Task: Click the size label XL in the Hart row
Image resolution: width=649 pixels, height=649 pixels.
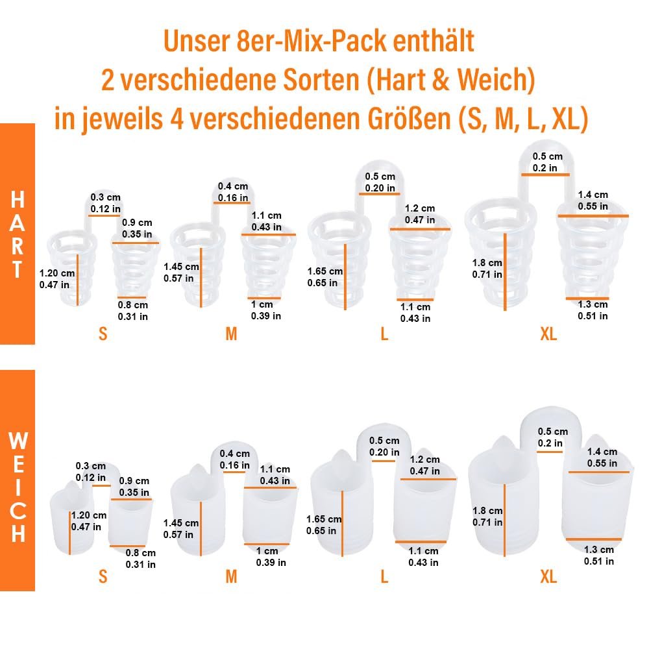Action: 548,334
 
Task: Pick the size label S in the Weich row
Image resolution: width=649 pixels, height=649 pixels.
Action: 103,576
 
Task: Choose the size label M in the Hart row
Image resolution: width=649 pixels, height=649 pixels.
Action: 231,334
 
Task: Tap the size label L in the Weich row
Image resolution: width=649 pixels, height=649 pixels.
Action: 384,576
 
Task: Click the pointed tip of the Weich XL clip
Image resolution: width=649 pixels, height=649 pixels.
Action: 503,443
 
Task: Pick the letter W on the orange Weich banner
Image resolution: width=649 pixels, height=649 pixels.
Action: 18,442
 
